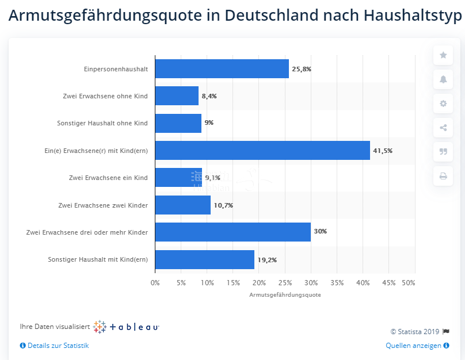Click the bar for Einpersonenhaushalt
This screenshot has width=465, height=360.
[222, 69]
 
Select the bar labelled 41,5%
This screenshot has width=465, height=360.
[262, 151]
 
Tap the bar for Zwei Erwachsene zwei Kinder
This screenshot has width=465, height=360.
[182, 205]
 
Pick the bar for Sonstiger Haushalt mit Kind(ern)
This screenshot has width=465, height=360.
[204, 260]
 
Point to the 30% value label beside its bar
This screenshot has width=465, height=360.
[320, 232]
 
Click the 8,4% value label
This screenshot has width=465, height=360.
[209, 96]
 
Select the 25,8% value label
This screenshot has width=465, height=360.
[302, 69]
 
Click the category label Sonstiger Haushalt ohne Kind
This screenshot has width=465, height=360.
[102, 123]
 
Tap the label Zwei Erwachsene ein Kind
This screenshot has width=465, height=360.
[108, 178]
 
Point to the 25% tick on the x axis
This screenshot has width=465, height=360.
[285, 283]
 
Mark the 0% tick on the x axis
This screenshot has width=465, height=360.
[155, 283]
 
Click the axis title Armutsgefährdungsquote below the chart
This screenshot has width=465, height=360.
[285, 294]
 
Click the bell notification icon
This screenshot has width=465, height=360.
[443, 79]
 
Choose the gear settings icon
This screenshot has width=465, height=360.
[443, 104]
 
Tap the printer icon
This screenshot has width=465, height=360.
[443, 176]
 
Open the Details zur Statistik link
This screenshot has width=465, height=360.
[58, 346]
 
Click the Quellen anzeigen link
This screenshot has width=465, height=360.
[413, 346]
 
